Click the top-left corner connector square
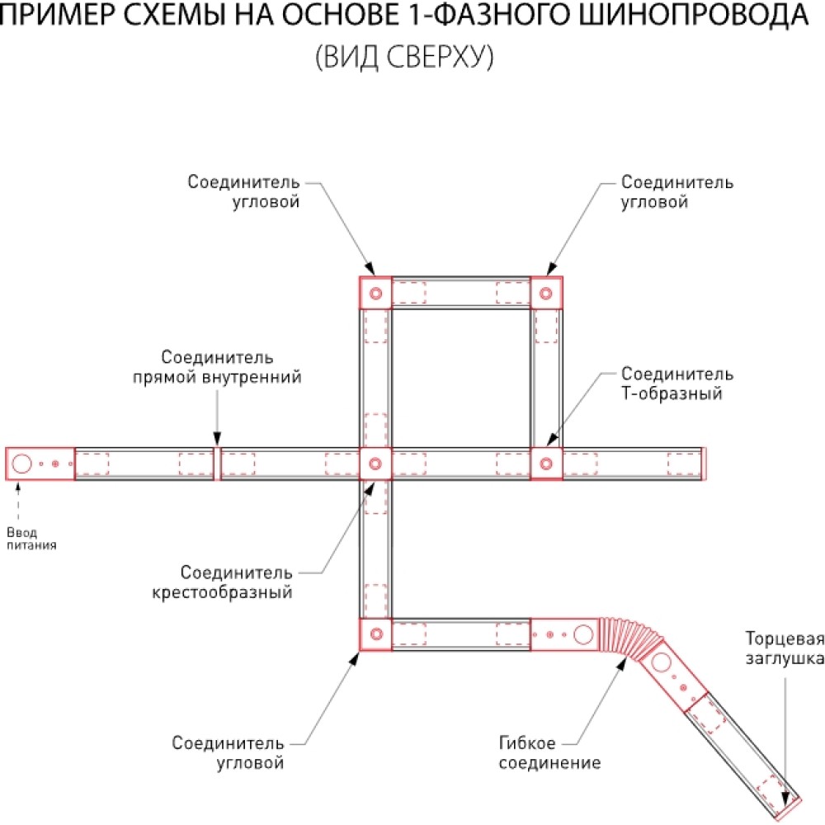tap(375, 293)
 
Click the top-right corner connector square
tap(546, 293)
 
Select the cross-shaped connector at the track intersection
tap(375, 464)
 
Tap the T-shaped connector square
tap(546, 464)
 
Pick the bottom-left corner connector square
tap(375, 634)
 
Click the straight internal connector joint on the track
tap(217, 464)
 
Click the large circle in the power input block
tap(21, 464)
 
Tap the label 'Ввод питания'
tap(31, 539)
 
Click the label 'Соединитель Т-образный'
tap(677, 384)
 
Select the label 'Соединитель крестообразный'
tap(222, 582)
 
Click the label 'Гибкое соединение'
tap(549, 752)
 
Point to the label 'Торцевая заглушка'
tap(785, 648)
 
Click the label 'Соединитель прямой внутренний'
tap(217, 367)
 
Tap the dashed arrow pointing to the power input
tap(18, 502)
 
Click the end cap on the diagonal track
tap(789, 809)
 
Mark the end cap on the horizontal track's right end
tap(704, 464)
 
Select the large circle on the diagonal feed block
tap(662, 662)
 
